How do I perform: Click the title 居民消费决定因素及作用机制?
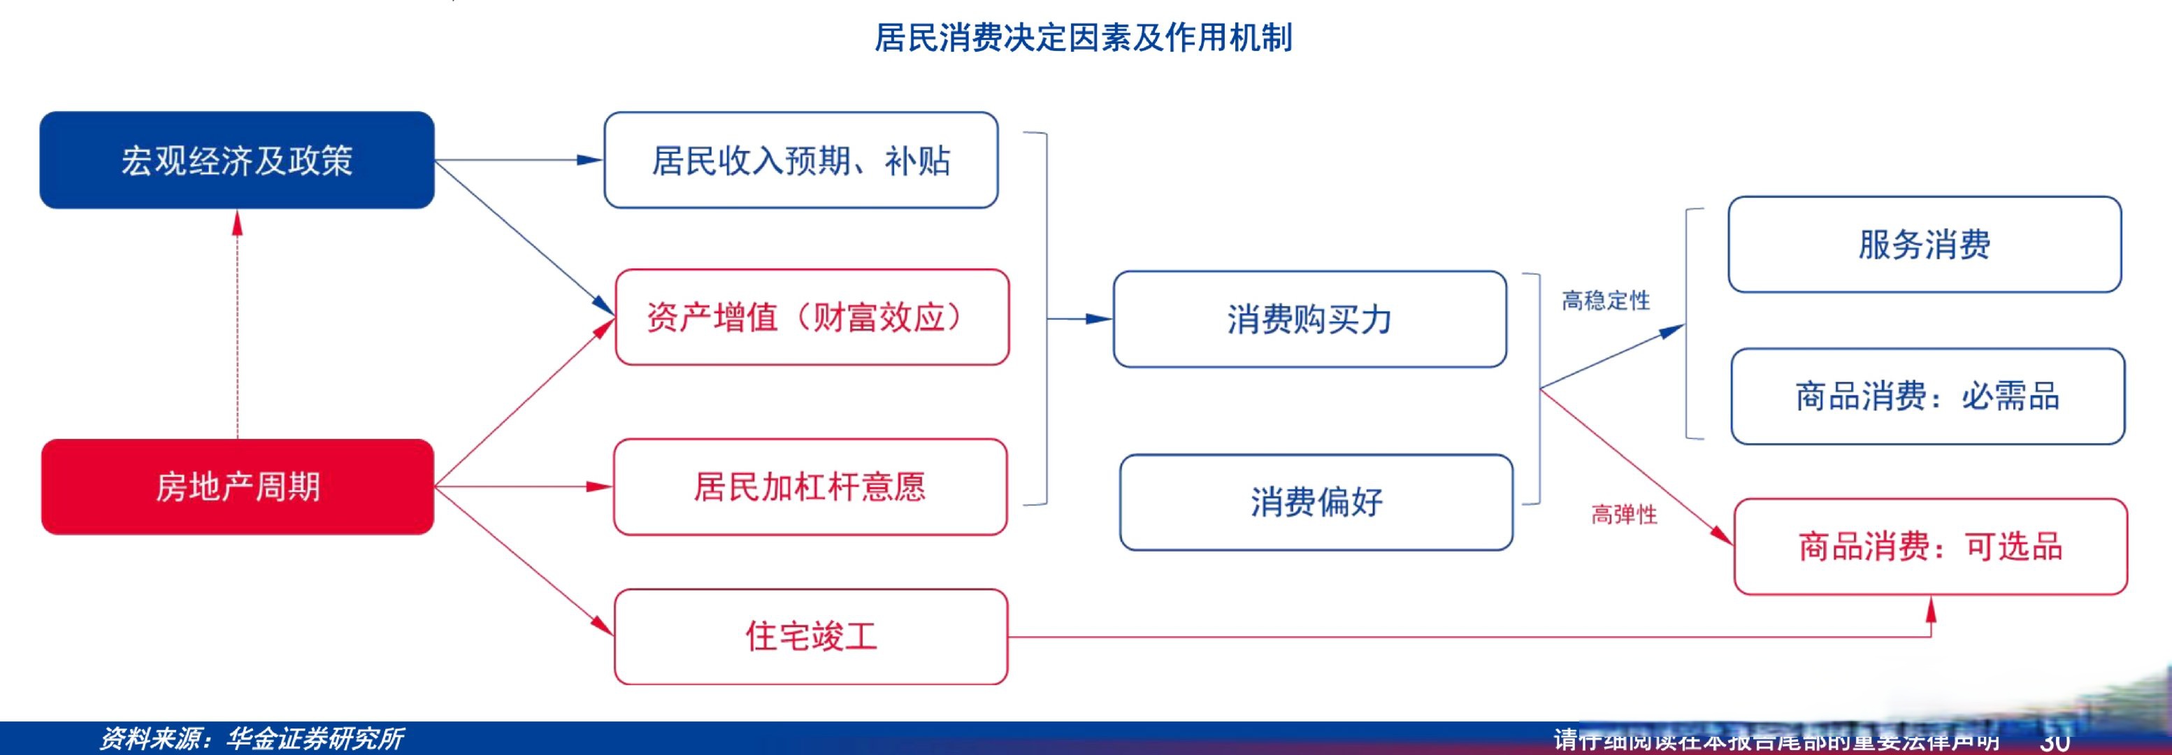point(1084,38)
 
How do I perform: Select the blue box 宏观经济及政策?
point(237,160)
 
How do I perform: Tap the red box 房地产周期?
point(237,487)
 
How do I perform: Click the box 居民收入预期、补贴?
point(800,160)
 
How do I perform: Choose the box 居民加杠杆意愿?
point(810,487)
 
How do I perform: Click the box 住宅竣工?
point(810,636)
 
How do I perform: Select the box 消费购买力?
point(1309,319)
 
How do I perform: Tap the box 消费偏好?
point(1316,502)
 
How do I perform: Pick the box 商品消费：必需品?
point(1927,396)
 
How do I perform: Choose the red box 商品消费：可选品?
point(1930,547)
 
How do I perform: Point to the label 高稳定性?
point(1605,301)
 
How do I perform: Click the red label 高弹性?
point(1623,515)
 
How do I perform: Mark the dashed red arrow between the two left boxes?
point(238,325)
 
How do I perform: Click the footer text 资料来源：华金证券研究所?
point(251,739)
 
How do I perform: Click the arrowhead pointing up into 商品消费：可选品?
point(1931,609)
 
